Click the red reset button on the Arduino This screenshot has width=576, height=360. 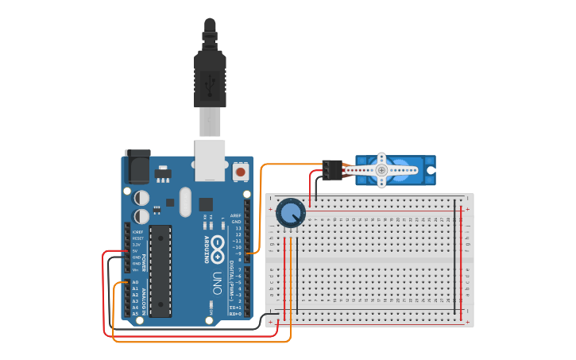click(x=240, y=171)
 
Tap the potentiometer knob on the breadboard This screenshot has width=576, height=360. click(x=291, y=213)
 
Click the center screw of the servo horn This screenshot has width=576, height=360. click(x=381, y=170)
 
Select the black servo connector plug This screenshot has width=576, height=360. click(x=332, y=170)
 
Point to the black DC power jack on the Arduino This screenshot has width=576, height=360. click(x=137, y=168)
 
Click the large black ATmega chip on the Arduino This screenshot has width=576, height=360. click(x=160, y=270)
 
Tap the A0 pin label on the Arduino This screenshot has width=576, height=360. click(x=135, y=282)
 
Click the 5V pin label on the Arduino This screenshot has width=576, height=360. click(x=136, y=251)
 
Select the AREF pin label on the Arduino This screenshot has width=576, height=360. click(x=235, y=215)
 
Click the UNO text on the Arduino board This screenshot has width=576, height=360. click(x=216, y=283)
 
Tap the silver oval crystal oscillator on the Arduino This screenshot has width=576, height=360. click(x=186, y=202)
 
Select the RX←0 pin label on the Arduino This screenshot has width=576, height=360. click(x=235, y=314)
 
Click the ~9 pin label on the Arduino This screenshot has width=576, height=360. click(x=237, y=254)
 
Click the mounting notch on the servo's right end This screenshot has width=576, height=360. click(x=431, y=170)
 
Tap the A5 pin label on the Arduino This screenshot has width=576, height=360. click(x=135, y=314)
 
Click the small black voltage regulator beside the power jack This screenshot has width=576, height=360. click(x=162, y=172)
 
